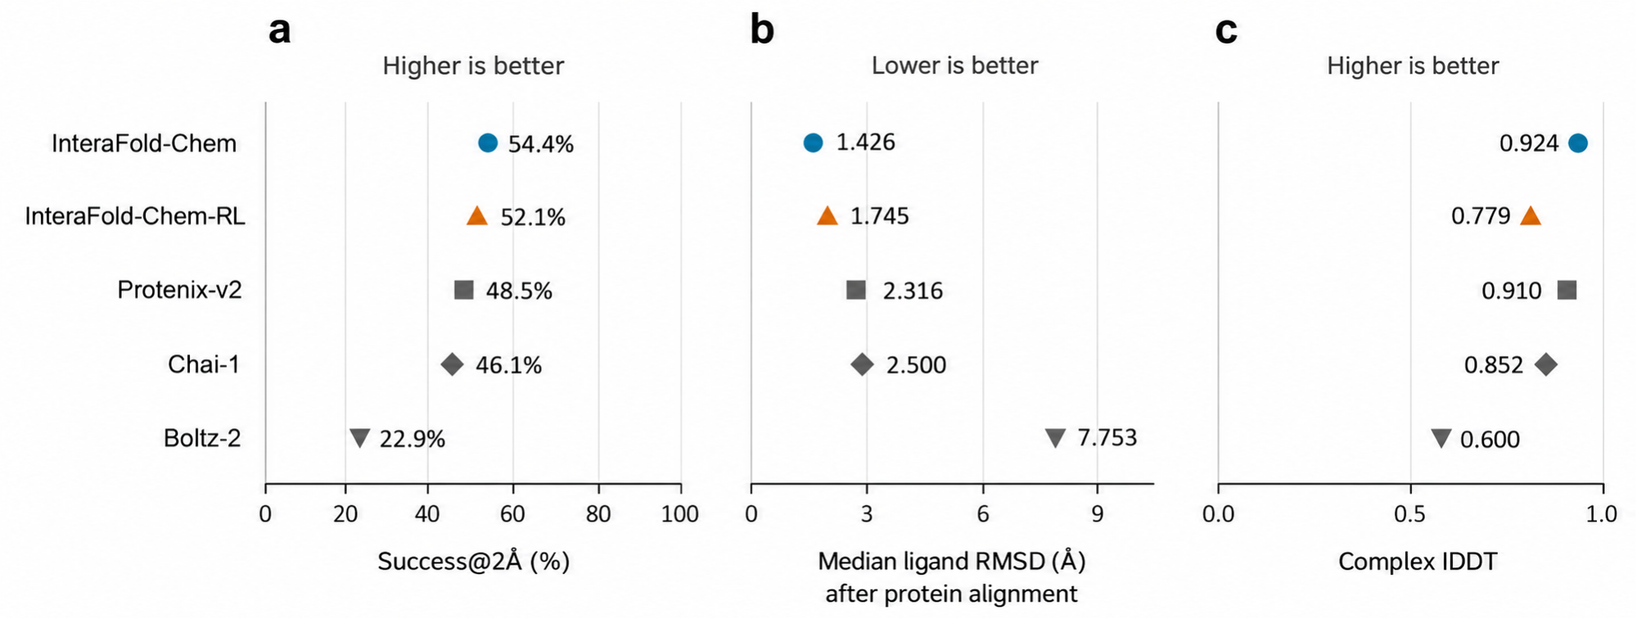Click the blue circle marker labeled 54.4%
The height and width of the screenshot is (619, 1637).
tap(488, 143)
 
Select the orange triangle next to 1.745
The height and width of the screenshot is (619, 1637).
tap(828, 216)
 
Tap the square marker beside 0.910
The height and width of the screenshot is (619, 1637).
tap(1567, 290)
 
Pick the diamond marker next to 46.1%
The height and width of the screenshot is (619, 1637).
tap(452, 364)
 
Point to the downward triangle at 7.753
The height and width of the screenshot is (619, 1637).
tap(1056, 438)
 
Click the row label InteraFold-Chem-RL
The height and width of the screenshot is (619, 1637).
tap(135, 216)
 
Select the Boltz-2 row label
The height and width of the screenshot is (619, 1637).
tap(202, 439)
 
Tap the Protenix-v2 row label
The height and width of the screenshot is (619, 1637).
tap(180, 290)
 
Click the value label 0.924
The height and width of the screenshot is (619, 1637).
tap(1529, 143)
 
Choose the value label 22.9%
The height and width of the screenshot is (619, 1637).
tap(413, 440)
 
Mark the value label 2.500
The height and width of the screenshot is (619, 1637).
tap(916, 364)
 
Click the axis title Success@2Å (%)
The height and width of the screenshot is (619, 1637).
tap(473, 562)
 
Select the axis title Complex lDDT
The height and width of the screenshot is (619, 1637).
tap(1418, 562)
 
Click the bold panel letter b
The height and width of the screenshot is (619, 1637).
tap(762, 30)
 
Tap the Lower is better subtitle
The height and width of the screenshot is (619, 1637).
tap(954, 66)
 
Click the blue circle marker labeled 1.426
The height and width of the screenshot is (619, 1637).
tap(813, 143)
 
